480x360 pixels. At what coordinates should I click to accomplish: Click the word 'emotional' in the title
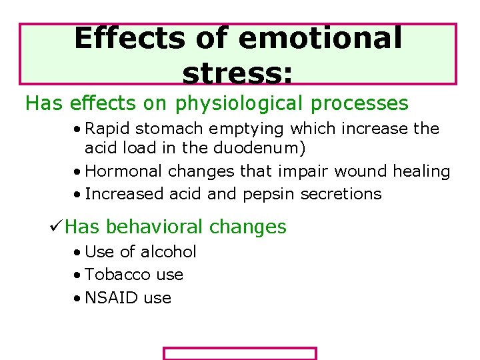point(319,39)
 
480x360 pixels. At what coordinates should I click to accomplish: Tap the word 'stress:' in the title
point(237,75)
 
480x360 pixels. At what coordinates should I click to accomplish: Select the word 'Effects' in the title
point(131,39)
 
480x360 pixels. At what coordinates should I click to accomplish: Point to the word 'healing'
point(421,172)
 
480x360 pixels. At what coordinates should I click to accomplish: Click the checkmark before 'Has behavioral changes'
point(57,227)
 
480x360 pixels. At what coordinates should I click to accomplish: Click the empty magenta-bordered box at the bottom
point(240,353)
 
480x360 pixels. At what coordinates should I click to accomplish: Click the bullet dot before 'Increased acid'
point(79,195)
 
